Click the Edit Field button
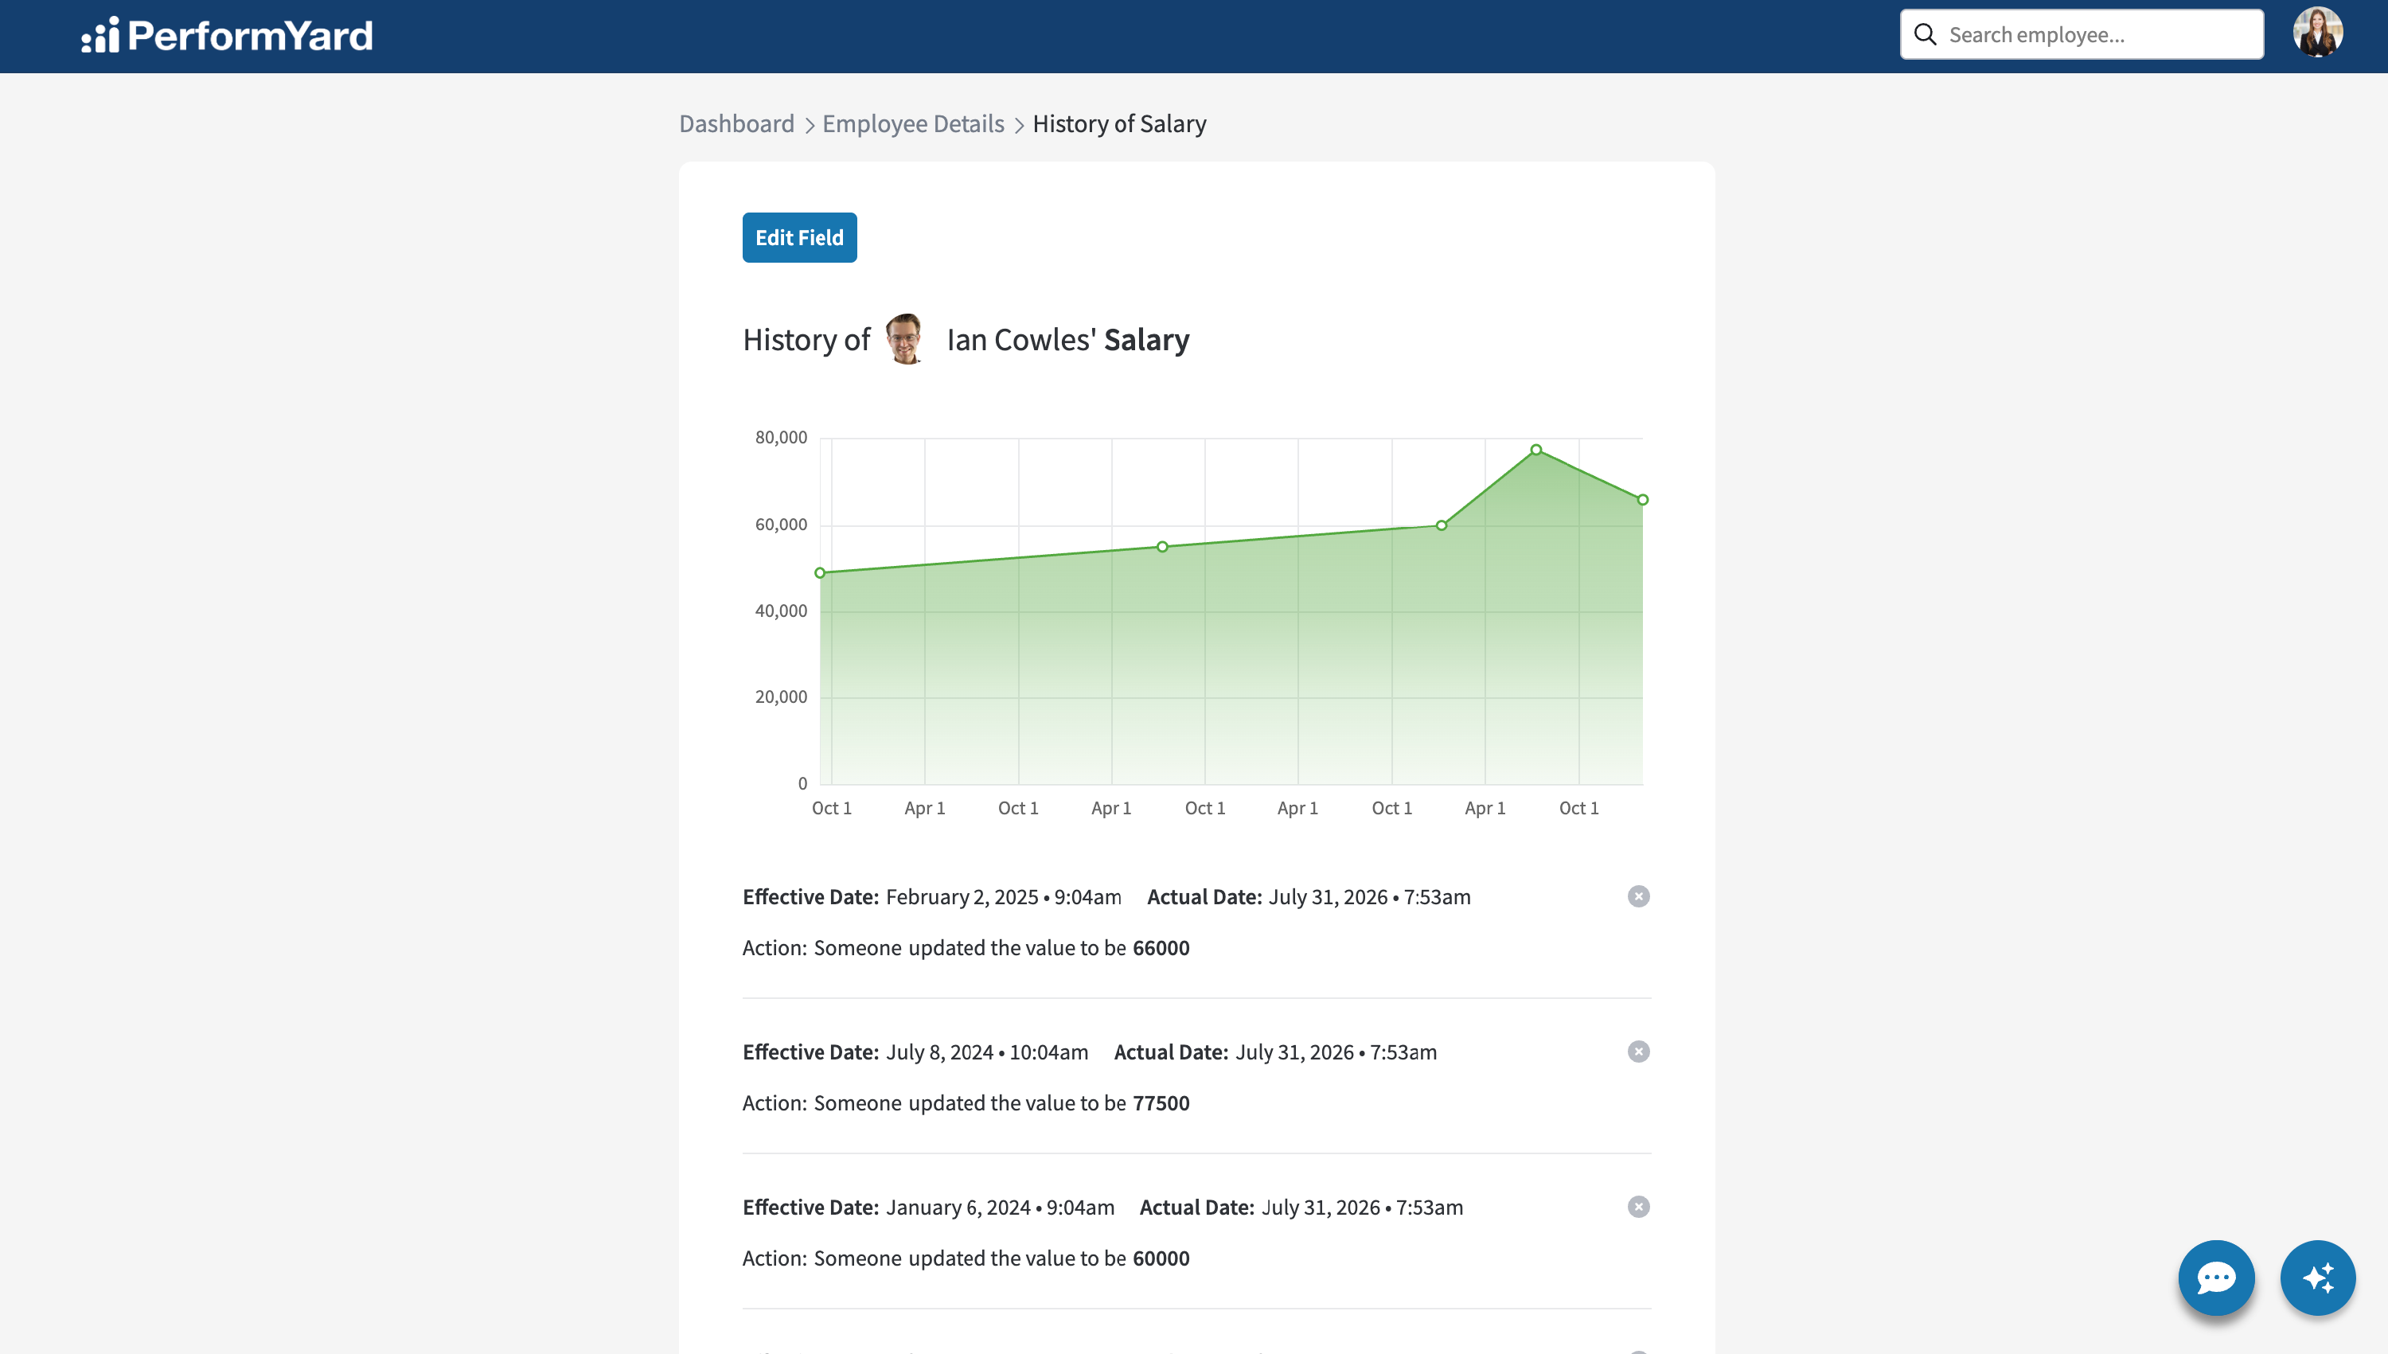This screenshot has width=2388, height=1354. (799, 237)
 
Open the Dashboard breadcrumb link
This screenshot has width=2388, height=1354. (736, 123)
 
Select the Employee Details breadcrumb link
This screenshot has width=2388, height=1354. (913, 123)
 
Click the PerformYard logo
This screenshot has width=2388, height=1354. (227, 35)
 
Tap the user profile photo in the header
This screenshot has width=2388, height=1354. (2317, 33)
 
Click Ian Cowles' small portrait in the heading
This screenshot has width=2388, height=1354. (905, 338)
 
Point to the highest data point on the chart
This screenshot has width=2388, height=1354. (1536, 450)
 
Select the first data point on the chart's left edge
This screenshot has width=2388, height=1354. (820, 573)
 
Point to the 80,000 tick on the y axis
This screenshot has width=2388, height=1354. (781, 437)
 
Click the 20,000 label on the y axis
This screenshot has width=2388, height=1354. (781, 697)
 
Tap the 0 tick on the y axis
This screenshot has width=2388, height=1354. (802, 783)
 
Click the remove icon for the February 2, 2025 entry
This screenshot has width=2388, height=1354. (1638, 896)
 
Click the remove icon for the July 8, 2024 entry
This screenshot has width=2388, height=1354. (1638, 1052)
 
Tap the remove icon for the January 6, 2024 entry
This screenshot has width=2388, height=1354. (1638, 1207)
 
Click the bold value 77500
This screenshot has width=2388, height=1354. (1161, 1103)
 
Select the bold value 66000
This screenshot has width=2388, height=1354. (1161, 947)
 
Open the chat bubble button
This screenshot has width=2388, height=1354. (2216, 1278)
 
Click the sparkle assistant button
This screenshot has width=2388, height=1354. (2318, 1278)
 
